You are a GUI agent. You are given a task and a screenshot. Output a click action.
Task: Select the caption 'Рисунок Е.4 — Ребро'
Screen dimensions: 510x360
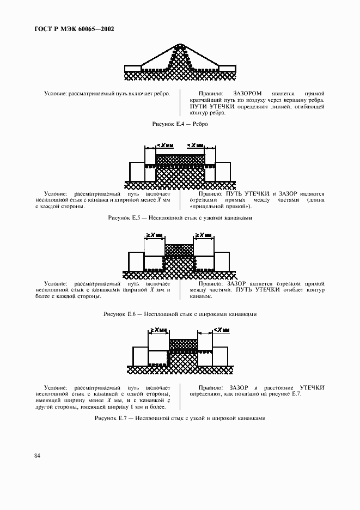coord(180,124)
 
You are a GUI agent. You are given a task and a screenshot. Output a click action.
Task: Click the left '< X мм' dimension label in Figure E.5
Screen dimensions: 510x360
coord(164,145)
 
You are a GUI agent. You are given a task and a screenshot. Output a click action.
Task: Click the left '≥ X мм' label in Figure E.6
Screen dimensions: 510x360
coord(152,235)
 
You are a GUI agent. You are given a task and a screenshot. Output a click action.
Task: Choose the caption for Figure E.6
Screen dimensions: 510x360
coord(180,314)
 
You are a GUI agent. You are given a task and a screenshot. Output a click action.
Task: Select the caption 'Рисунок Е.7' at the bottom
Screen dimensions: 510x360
coord(180,418)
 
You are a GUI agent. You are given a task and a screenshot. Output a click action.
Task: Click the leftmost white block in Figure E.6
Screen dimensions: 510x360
coord(136,261)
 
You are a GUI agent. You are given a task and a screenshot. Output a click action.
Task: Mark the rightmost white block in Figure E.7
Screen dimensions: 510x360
coord(221,356)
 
